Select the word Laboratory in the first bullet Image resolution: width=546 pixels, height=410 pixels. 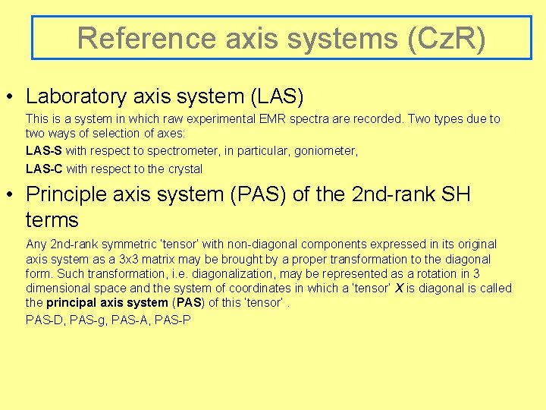(75, 96)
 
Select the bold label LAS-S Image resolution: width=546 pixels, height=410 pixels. (44, 151)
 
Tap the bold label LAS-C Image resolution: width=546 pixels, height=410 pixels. (44, 169)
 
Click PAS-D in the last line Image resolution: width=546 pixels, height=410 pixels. (45, 320)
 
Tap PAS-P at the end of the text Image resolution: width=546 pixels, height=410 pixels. (174, 320)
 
